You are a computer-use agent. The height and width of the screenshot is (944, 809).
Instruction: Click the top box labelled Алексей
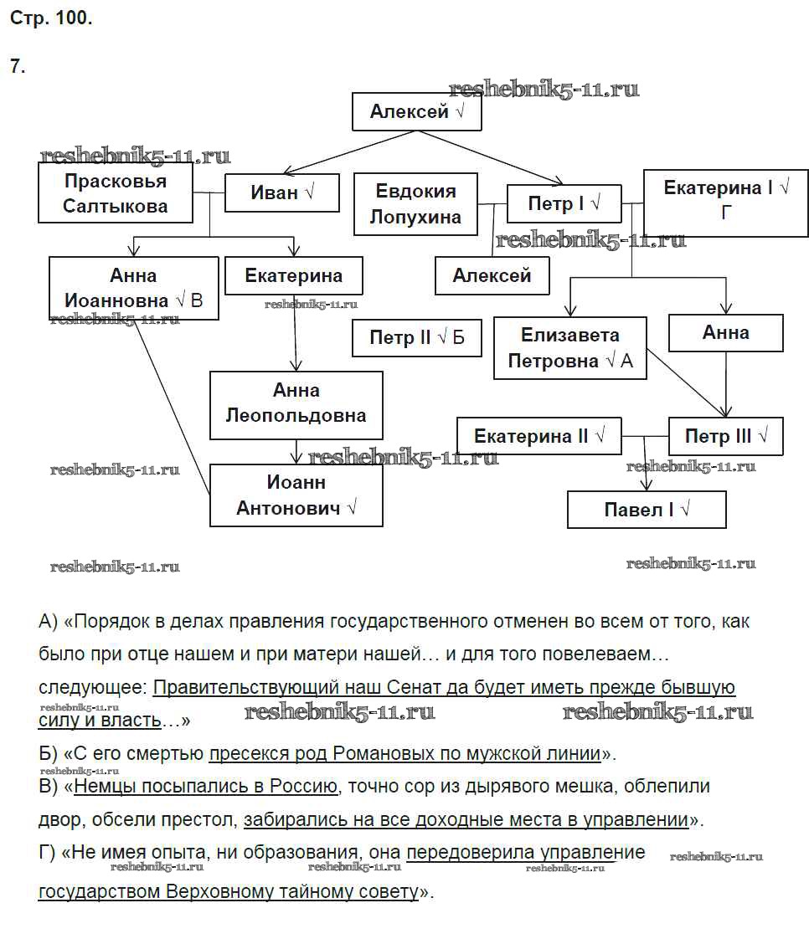click(x=416, y=111)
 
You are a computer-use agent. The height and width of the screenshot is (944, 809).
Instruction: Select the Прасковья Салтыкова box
click(x=116, y=193)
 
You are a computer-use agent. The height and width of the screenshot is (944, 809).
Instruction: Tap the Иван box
click(x=281, y=192)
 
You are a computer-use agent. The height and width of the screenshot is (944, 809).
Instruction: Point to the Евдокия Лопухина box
click(x=415, y=204)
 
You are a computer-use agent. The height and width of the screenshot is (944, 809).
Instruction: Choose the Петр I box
click(x=564, y=203)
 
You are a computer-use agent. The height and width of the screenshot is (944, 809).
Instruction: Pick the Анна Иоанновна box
click(x=133, y=288)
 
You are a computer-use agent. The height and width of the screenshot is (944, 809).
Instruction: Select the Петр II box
click(x=416, y=338)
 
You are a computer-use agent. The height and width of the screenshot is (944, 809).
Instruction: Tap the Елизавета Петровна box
click(x=569, y=347)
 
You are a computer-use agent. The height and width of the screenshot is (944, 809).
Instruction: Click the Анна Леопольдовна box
click(x=296, y=403)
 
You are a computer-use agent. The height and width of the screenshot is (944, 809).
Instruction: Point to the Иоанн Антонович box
click(x=296, y=495)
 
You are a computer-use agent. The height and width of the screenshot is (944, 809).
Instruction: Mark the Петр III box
click(x=725, y=436)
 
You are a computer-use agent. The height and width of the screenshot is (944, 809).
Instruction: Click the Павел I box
click(x=646, y=510)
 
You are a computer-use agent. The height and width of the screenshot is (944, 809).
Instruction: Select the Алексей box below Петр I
click(x=492, y=275)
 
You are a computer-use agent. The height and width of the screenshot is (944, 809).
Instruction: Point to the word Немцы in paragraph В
click(x=104, y=787)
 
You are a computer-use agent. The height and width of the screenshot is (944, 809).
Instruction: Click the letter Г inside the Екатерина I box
click(x=726, y=213)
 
